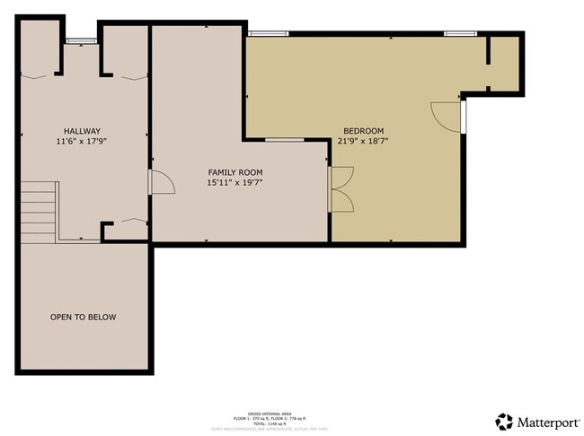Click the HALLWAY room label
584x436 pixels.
(x=82, y=131)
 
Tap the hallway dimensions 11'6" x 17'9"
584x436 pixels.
(x=82, y=141)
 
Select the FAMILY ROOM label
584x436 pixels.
(x=235, y=172)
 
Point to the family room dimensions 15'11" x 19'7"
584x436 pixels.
(x=235, y=182)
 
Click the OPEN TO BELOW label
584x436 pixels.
(x=83, y=317)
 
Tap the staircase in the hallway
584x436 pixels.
(x=39, y=211)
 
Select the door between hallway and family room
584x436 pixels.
(x=159, y=182)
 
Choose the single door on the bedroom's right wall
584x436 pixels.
(x=447, y=114)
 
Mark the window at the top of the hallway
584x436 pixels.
(x=81, y=40)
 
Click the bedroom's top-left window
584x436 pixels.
(x=268, y=34)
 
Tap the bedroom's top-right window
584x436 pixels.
(x=458, y=34)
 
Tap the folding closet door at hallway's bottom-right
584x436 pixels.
(x=133, y=220)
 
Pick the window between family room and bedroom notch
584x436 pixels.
(x=284, y=140)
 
